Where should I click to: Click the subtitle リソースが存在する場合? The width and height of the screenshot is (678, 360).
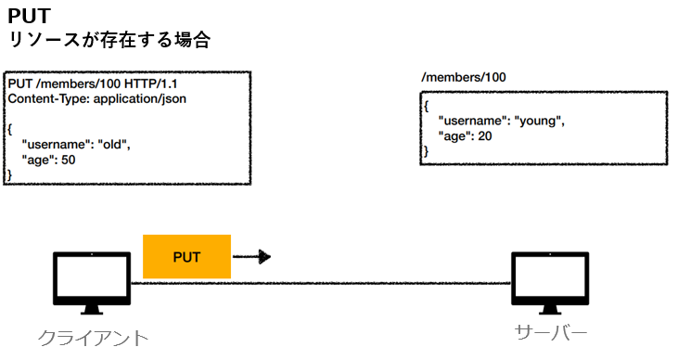coord(109,40)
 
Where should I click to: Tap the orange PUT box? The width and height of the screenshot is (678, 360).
coord(186,255)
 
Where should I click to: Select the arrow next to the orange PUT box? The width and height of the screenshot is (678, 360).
coord(251,256)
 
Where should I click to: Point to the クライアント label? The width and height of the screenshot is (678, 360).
coord(93,338)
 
